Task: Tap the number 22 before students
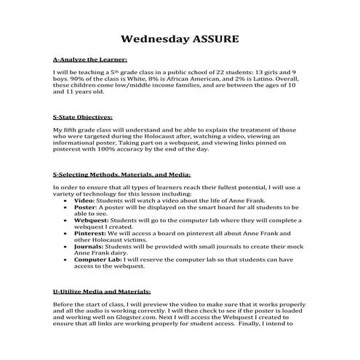point(227,73)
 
